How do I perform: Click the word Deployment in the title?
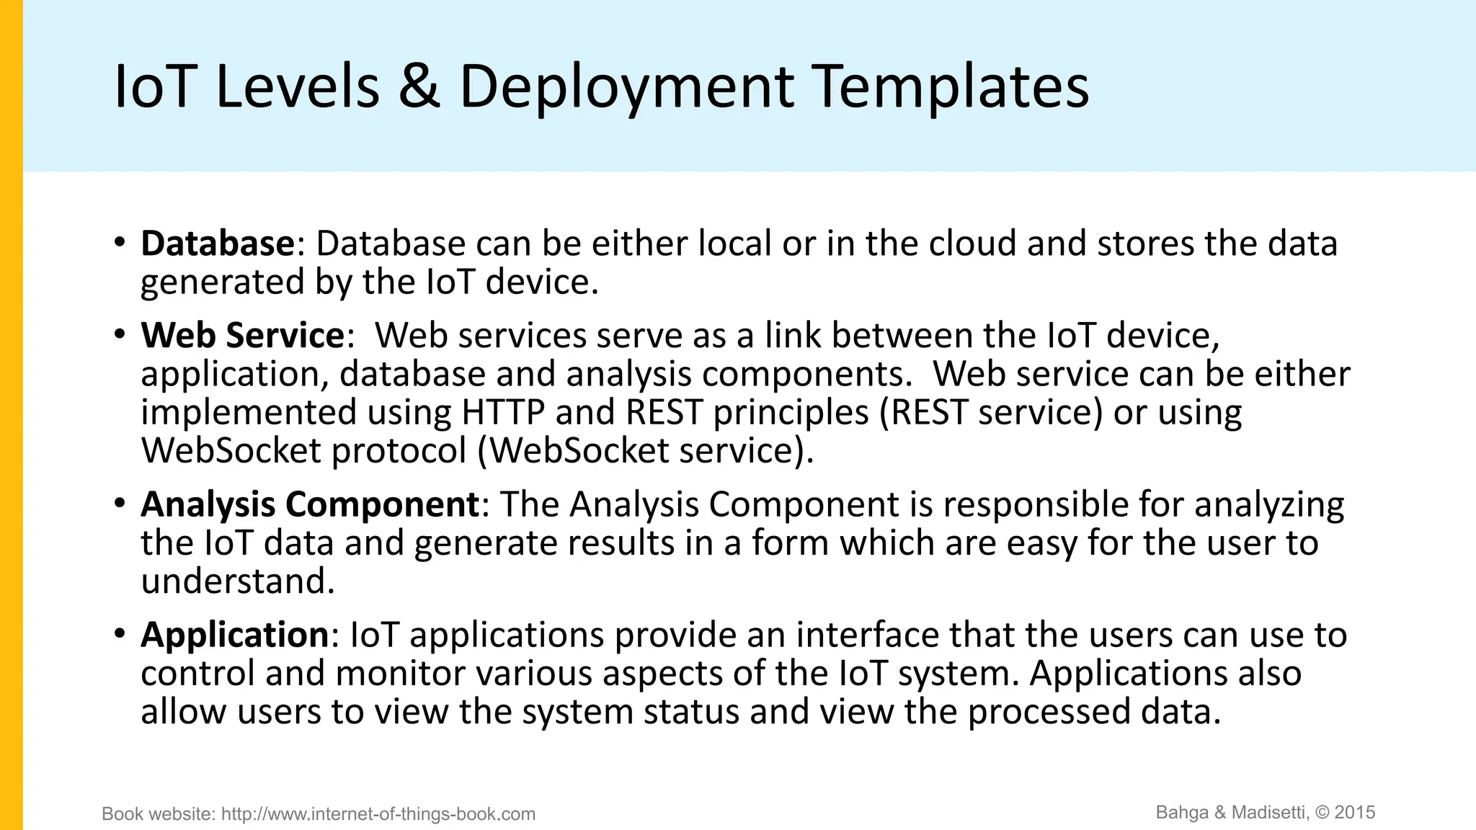point(626,88)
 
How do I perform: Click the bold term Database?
point(218,244)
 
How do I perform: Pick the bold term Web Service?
point(243,336)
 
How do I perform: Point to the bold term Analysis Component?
point(310,504)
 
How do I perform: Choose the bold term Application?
point(235,635)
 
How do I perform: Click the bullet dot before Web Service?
point(120,334)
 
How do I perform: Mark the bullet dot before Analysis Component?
point(120,503)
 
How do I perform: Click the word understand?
point(238,581)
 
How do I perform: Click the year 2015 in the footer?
point(1355,813)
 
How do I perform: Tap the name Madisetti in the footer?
point(1269,813)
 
